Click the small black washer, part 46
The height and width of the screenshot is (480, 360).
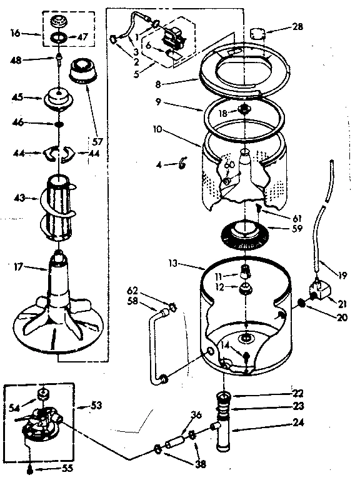(58, 124)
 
